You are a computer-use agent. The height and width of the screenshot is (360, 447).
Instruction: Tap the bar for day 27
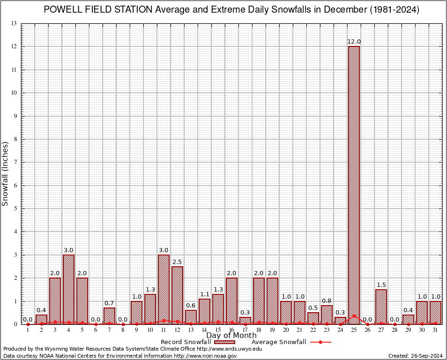tap(381, 307)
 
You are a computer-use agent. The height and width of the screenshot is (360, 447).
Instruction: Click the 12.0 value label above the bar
tap(354, 42)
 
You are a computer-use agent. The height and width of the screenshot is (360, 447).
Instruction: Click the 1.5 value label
tap(381, 285)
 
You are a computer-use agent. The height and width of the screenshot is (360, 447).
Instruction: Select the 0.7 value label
tap(109, 303)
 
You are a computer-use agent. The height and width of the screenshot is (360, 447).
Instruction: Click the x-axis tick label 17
tap(245, 330)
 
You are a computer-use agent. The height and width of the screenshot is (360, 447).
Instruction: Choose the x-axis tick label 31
tap(435, 330)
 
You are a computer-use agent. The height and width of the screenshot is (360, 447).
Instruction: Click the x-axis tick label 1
tap(28, 330)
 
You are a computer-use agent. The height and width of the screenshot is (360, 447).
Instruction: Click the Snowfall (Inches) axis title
tap(6, 173)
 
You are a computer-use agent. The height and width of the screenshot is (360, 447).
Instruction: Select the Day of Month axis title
tap(231, 336)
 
